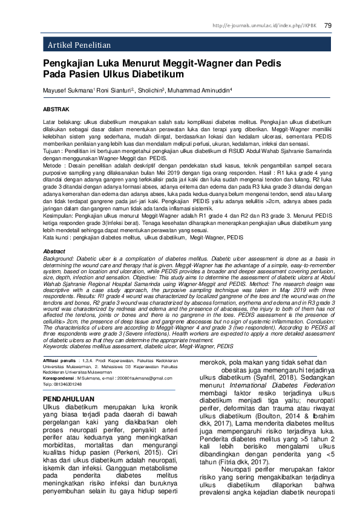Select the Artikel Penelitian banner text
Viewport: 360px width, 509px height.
point(79,45)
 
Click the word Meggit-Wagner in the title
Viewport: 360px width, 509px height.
point(175,63)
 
